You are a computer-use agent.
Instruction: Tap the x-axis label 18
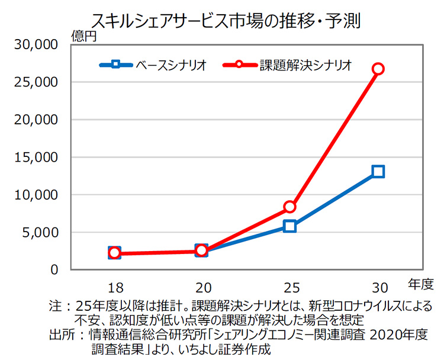[115, 288]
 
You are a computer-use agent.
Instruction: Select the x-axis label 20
[202, 288]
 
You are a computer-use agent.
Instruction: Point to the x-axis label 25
[289, 288]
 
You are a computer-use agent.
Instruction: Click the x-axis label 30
[378, 288]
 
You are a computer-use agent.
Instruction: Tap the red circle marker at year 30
[378, 69]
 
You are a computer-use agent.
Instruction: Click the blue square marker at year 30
[378, 172]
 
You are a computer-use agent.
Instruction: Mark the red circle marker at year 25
[289, 207]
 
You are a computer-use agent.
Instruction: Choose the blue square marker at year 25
[289, 226]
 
